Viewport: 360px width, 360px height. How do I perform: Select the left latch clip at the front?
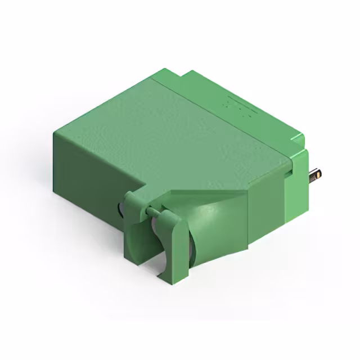pyautogui.click(x=134, y=225)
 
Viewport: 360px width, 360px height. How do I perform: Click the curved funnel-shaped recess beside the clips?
pyautogui.click(x=205, y=231)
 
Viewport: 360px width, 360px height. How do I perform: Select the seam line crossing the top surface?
pyautogui.click(x=225, y=118)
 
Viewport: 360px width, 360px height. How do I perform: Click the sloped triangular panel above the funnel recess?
pyautogui.click(x=208, y=197)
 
